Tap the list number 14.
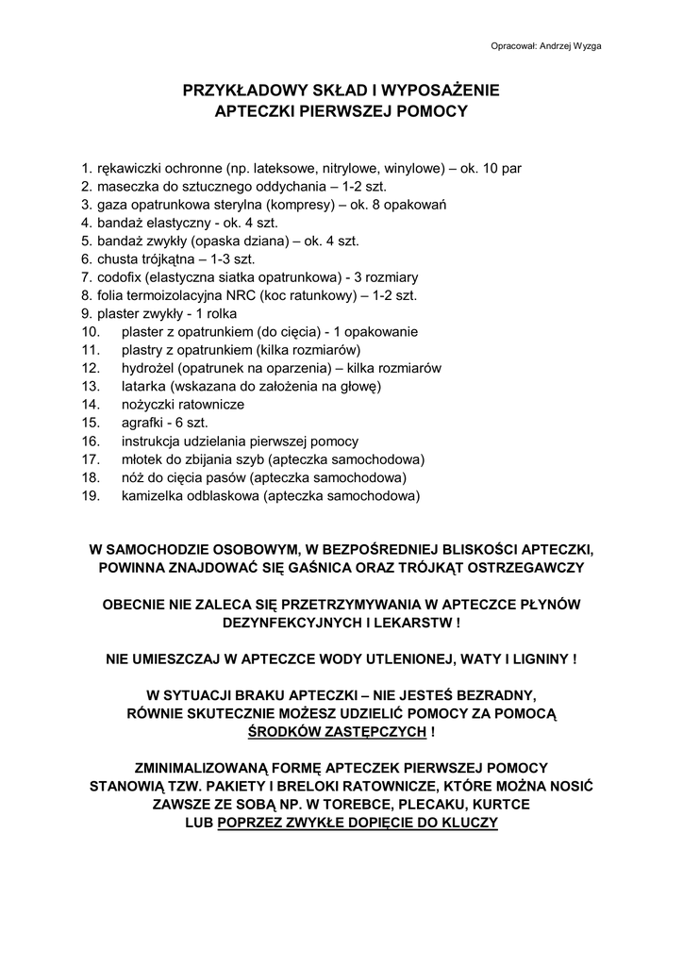91,404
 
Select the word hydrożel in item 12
146,368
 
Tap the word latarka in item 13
142,386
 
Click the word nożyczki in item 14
149,404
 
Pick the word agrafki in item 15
141,422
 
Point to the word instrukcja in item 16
152,441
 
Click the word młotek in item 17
142,458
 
